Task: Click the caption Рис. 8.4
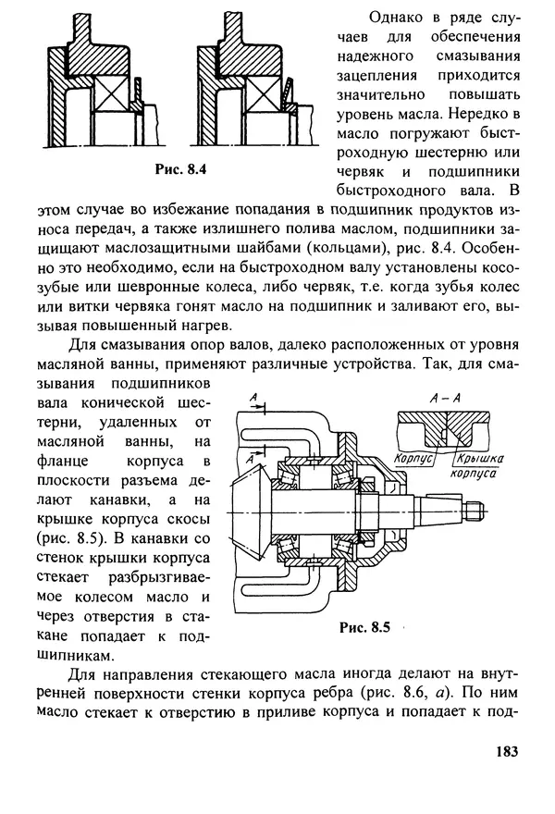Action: pos(180,169)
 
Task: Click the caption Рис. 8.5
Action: pos(364,627)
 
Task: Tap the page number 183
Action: pos(507,751)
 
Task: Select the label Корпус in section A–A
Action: pos(413,459)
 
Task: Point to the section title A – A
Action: pos(446,398)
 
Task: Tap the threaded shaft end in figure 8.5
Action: pos(475,511)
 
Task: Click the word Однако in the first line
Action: pos(396,18)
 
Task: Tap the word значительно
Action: pos(380,95)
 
